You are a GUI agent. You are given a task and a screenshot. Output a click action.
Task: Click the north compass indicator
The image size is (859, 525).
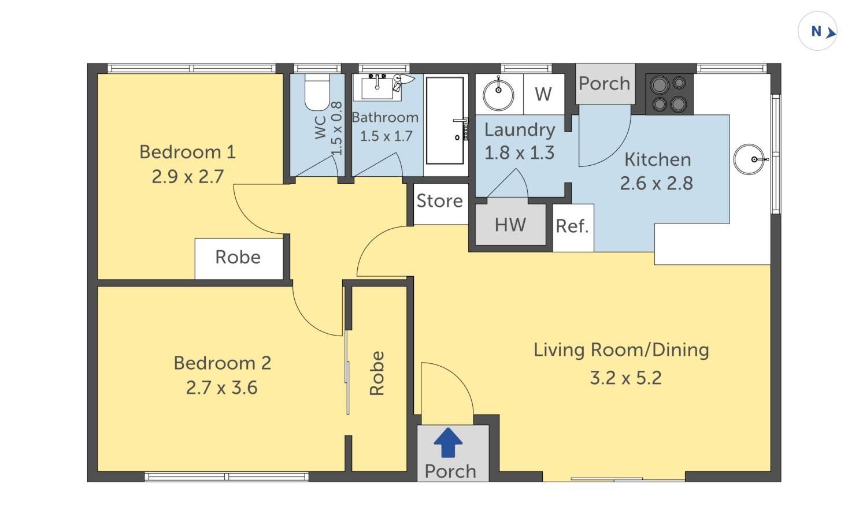(817, 31)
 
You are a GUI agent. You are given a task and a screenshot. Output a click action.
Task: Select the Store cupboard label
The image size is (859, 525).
(440, 201)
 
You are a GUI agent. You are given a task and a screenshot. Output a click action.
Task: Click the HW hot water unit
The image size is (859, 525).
(510, 225)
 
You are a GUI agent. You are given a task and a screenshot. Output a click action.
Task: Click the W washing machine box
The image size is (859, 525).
(544, 94)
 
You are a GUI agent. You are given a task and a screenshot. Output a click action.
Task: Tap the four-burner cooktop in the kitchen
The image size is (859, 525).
(669, 94)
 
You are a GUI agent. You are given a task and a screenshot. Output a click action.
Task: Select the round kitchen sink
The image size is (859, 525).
(749, 159)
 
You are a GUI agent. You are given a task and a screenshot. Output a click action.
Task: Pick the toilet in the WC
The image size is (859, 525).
(317, 92)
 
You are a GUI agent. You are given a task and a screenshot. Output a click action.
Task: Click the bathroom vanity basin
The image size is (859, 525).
(377, 87)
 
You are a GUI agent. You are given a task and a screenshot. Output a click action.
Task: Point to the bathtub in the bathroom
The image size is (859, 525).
(445, 121)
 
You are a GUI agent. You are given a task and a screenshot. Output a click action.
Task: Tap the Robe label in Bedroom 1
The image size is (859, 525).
(238, 257)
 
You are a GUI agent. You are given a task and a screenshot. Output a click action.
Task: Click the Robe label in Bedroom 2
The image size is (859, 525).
(376, 373)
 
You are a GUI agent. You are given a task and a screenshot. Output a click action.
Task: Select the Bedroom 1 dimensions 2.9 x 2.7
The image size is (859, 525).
(188, 177)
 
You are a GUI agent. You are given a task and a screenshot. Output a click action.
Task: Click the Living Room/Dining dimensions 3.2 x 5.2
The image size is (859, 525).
(626, 378)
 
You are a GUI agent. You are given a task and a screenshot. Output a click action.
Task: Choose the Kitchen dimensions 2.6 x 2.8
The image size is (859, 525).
(657, 183)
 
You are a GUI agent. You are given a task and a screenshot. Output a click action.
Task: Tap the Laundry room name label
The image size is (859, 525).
(520, 131)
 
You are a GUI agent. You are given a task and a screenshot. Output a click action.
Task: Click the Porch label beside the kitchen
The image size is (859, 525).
(605, 84)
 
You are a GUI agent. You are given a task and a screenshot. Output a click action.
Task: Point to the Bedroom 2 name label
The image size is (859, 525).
(223, 363)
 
